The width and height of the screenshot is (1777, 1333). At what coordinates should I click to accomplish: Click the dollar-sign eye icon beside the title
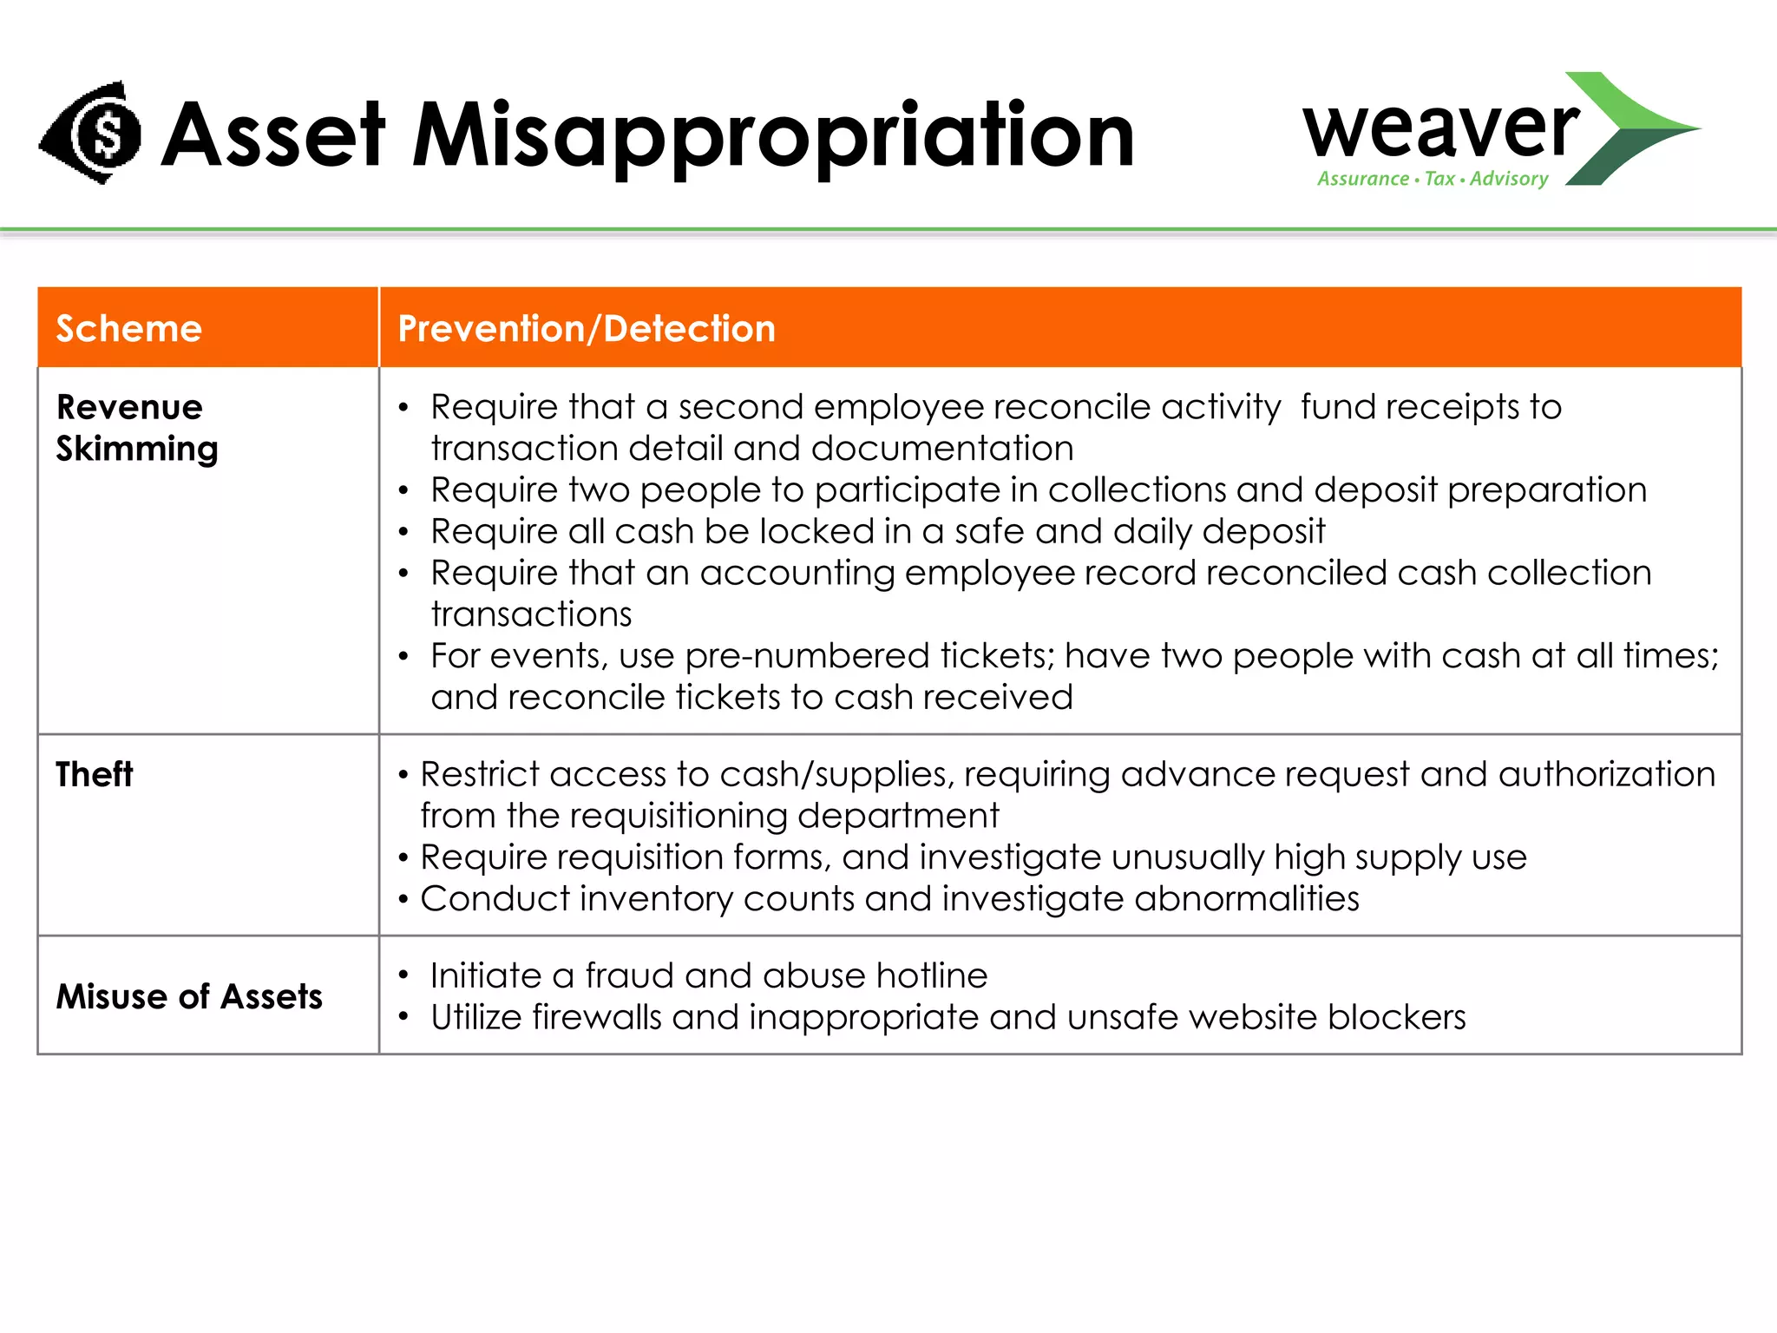(92, 133)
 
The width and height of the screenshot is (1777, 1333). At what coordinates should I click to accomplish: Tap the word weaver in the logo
(1440, 128)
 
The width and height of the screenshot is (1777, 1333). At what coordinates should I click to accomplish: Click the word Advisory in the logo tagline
(1509, 179)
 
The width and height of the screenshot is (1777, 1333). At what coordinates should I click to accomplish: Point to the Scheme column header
(129, 329)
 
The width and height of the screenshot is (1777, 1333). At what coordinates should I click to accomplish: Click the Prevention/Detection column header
(587, 329)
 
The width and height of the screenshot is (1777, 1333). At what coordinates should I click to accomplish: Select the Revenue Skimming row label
(136, 428)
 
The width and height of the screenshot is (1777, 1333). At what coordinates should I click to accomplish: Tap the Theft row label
(95, 774)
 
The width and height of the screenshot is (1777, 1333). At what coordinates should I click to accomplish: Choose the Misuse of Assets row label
(189, 996)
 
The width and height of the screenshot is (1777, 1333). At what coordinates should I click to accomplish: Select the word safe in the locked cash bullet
(989, 531)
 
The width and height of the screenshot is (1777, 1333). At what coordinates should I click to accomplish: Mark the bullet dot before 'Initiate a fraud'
(403, 975)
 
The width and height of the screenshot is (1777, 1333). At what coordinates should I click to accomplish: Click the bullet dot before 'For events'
(403, 657)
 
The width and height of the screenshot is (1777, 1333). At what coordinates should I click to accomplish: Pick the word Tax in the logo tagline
(1439, 179)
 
